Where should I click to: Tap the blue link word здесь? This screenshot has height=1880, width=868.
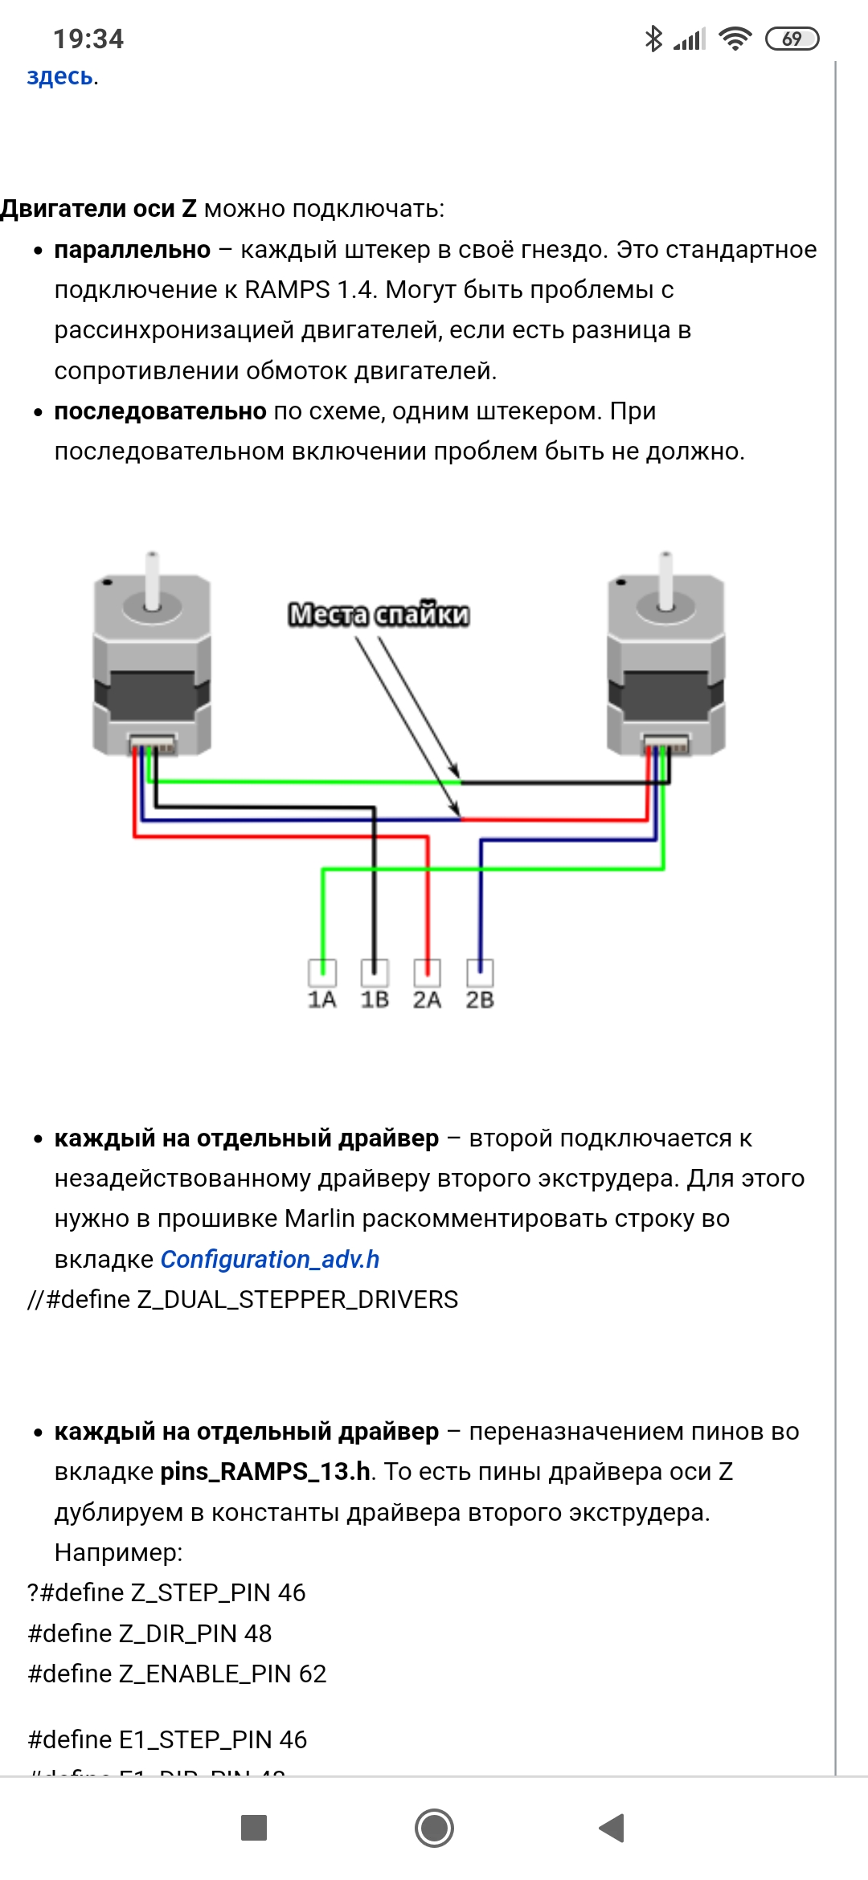(60, 76)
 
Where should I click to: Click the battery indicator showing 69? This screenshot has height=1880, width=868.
(792, 39)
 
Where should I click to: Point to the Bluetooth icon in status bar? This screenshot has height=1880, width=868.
(653, 39)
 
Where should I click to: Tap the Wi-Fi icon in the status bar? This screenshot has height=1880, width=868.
(735, 39)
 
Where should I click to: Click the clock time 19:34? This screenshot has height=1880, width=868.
(88, 39)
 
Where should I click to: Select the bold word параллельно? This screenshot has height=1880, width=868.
(132, 250)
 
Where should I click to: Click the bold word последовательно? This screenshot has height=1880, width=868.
(160, 411)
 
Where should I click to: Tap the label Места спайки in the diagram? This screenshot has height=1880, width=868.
(379, 615)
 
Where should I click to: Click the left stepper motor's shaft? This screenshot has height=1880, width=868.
(152, 580)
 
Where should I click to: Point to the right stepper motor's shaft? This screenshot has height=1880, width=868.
(665, 580)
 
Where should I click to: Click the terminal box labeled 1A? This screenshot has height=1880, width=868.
(322, 973)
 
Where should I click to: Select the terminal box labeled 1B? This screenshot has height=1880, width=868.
(375, 973)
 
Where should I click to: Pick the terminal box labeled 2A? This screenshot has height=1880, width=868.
(427, 973)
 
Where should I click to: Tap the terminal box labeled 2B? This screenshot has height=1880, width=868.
(480, 973)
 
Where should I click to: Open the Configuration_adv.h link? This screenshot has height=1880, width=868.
(270, 1259)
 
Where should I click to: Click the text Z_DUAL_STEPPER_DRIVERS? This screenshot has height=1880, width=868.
(297, 1299)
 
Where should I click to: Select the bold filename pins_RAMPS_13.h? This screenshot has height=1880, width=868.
(265, 1471)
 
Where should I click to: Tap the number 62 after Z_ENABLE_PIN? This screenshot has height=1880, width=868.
(313, 1674)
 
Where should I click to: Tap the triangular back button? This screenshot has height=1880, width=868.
(612, 1828)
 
